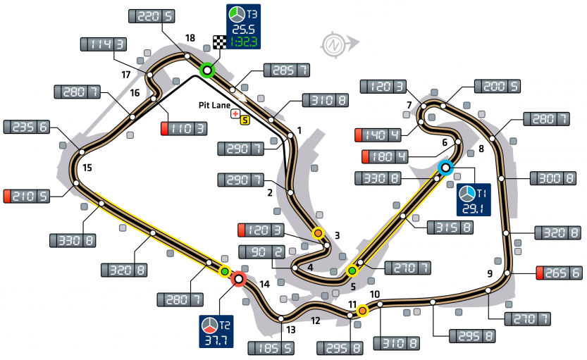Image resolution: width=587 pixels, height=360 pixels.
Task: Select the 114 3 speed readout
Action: [105, 44]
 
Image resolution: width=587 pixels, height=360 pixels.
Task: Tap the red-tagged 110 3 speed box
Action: [184, 128]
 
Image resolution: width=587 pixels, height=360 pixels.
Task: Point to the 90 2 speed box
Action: [261, 252]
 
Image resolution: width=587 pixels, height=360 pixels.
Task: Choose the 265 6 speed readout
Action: [559, 273]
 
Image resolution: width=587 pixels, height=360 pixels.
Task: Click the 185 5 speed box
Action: [271, 347]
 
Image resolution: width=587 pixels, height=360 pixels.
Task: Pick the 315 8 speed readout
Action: [450, 228]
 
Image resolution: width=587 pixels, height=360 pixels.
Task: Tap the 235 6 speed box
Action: [27, 127]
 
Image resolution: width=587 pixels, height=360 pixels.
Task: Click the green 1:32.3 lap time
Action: [243, 42]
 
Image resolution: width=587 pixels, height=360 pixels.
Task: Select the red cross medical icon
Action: [235, 113]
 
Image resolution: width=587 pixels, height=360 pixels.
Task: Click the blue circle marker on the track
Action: [445, 168]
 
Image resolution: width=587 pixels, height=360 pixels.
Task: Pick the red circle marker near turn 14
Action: [238, 279]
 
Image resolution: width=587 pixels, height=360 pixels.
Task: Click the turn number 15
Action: [87, 168]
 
